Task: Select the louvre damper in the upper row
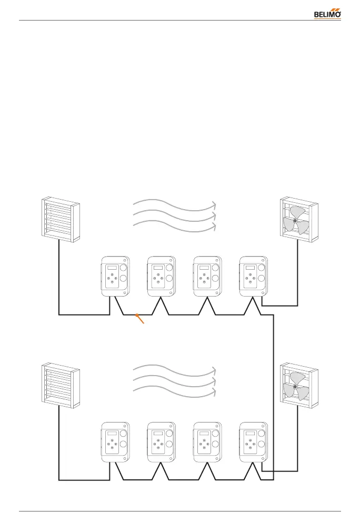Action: tap(61, 219)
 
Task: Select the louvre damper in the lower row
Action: tap(61, 385)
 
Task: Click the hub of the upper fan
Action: tap(295, 220)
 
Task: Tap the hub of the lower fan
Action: tap(295, 386)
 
